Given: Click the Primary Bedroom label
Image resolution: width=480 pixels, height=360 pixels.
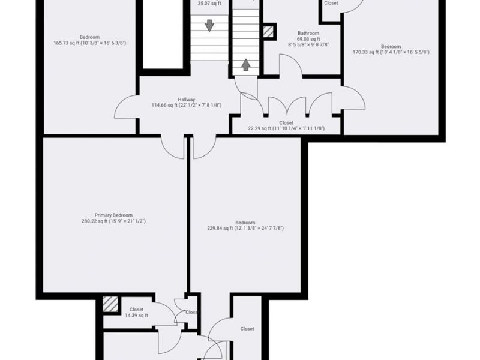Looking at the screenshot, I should pos(113,215).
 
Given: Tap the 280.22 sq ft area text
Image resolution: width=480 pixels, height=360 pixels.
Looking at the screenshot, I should pos(113,221).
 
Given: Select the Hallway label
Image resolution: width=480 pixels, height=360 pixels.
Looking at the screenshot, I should pos(187,100).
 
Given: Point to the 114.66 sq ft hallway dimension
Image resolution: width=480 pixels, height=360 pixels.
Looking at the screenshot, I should pos(187,106).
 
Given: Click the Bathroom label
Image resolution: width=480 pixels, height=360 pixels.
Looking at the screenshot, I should pos(308,33).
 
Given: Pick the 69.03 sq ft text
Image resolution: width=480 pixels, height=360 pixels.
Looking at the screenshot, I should pos(308,39).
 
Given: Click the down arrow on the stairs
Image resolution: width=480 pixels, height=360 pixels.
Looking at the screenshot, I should pos(209,25).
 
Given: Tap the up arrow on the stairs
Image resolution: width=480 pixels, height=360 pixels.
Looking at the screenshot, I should pos(245,64).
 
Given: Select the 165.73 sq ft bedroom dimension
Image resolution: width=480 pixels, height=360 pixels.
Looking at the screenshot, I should pos(89,43).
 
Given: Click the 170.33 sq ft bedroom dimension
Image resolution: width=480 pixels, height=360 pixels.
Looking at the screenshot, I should pos(391,52).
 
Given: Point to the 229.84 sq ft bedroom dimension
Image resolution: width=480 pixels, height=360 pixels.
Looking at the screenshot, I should pos(245,228).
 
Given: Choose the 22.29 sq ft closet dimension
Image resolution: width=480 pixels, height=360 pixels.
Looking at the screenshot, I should pos(286,128).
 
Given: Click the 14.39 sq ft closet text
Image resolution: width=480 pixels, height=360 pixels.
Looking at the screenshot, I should pos(136,316).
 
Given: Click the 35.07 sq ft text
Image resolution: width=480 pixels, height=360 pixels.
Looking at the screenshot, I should pos(209,3).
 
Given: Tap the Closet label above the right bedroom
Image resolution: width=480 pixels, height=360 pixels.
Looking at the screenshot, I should pos(331,3).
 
